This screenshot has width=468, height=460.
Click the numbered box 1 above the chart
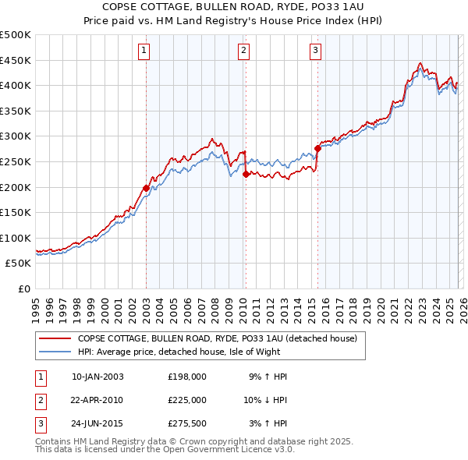144,51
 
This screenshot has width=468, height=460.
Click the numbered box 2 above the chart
243,51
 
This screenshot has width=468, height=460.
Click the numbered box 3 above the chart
315,51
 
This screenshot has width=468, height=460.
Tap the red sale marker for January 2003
146,188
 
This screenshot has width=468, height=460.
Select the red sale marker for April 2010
246,175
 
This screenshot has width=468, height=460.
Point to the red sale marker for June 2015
317,148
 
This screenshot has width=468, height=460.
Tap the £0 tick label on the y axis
25,288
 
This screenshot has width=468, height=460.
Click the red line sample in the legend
55,338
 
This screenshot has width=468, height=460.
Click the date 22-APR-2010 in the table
97,399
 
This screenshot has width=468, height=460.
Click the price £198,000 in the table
186,376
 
